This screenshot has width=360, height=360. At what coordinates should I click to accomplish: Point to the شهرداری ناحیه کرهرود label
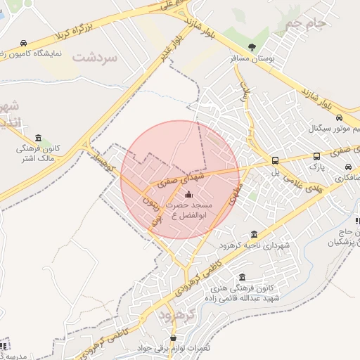pyautogui.click(x=254, y=245)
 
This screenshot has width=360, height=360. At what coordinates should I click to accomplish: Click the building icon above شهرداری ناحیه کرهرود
pyautogui.click(x=254, y=234)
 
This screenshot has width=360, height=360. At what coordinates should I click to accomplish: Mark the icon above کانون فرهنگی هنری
pyautogui.click(x=243, y=277)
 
